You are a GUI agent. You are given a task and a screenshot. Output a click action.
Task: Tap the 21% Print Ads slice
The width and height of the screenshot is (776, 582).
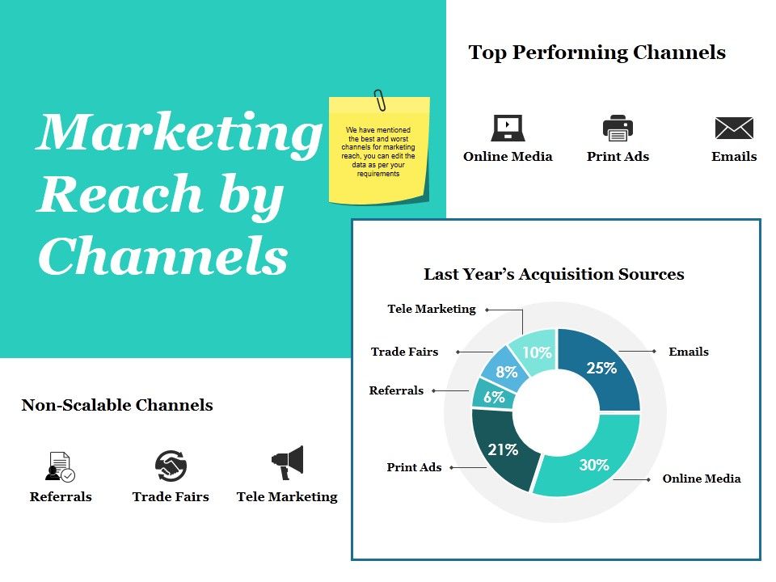(502, 449)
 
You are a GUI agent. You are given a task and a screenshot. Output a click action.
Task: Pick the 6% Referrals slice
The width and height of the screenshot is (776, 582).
(493, 397)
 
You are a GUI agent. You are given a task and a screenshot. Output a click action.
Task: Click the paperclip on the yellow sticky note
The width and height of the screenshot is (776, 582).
(379, 101)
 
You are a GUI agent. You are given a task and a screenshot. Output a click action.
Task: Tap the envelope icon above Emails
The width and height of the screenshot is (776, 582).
(734, 128)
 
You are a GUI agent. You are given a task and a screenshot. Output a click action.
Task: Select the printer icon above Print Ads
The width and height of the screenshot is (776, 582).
(618, 128)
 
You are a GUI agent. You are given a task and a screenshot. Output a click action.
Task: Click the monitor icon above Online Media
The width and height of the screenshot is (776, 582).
(508, 128)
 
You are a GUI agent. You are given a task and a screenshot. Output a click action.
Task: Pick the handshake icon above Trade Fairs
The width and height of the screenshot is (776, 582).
(171, 466)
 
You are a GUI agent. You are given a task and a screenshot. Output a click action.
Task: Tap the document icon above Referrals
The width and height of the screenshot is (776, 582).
(61, 466)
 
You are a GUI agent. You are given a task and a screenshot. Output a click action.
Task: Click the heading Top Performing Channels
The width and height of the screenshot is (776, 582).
(597, 53)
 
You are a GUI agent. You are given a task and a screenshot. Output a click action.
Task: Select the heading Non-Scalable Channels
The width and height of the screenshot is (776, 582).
(117, 405)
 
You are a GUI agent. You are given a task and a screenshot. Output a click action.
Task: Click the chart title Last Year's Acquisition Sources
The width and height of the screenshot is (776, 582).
(554, 274)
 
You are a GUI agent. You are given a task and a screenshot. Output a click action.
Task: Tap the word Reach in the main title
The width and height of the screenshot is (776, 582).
(120, 194)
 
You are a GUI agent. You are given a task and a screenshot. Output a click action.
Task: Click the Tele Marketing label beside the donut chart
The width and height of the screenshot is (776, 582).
(432, 309)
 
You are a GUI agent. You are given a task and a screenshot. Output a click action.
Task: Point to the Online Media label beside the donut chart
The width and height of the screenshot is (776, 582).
(701, 479)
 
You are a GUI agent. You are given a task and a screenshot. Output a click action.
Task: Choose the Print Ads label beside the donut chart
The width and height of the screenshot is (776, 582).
(414, 467)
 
